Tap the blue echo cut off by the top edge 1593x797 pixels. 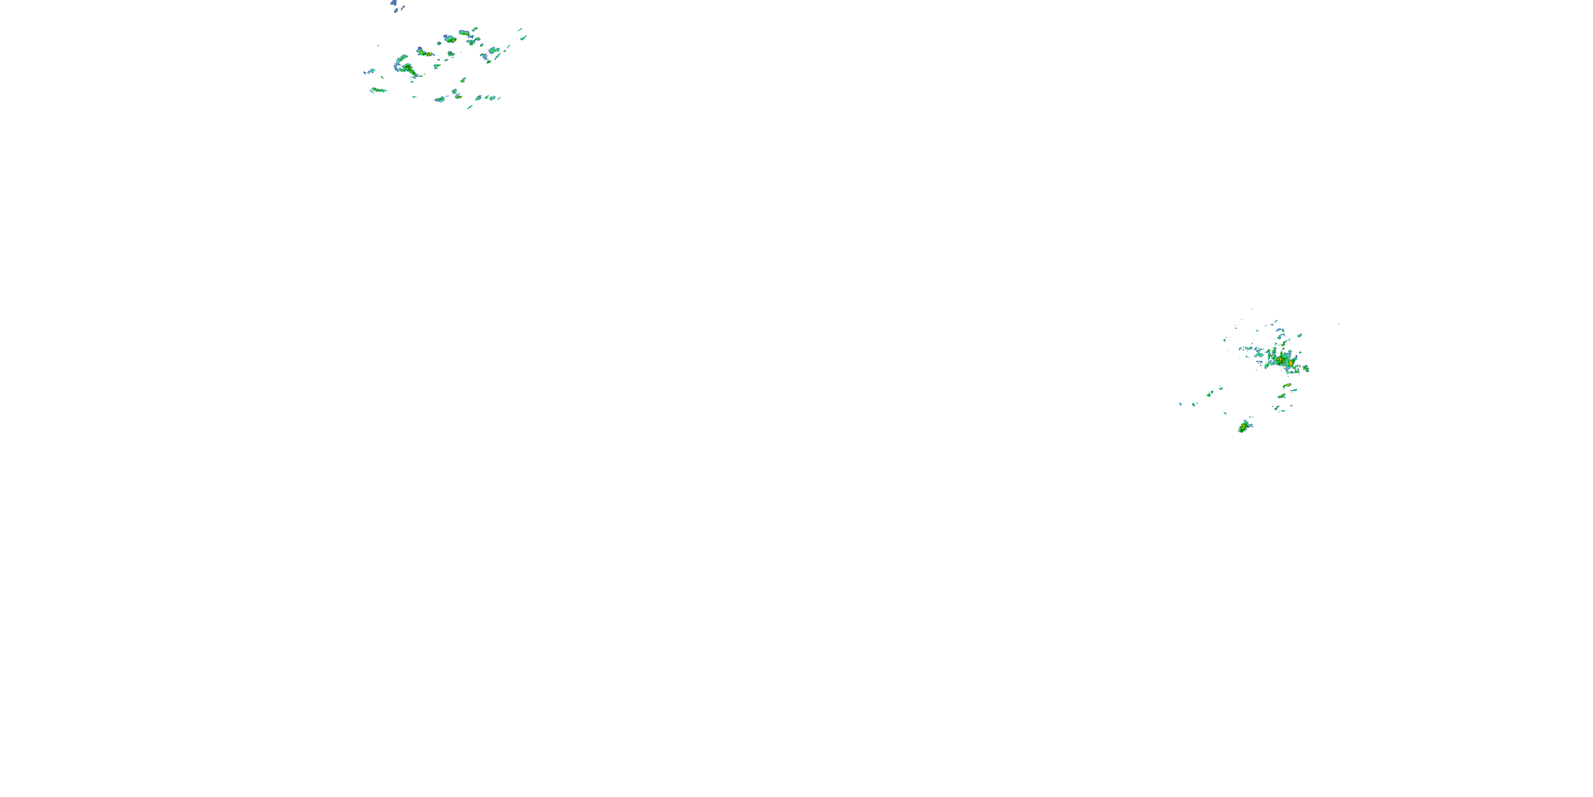pos(394,3)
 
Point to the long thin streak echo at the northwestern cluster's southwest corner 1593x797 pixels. pos(378,90)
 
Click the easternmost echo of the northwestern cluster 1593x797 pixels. pos(524,37)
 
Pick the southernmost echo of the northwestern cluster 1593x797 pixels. pos(470,106)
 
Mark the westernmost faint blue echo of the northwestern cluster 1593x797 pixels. pos(365,72)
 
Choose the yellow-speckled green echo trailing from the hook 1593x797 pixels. pos(411,71)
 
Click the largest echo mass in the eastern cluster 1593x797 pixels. pos(1280,359)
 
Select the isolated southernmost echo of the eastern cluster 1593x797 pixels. pos(1243,427)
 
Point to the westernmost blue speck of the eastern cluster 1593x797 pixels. pos(1180,404)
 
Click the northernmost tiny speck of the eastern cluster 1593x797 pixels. pos(1252,309)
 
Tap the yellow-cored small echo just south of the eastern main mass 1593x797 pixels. pos(1287,386)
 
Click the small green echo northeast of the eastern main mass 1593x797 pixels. pos(1299,335)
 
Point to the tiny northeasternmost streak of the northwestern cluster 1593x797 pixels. pos(519,29)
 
